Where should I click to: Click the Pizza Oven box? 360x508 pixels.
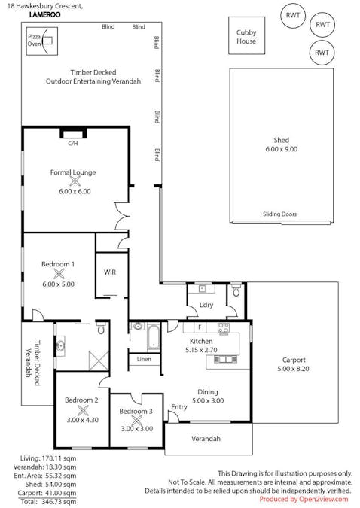click(x=42, y=41)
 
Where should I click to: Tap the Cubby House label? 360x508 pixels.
click(x=246, y=37)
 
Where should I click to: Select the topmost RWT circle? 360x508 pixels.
click(x=293, y=15)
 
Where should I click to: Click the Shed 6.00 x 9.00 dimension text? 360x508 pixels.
click(x=281, y=149)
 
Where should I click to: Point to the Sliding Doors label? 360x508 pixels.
click(x=279, y=214)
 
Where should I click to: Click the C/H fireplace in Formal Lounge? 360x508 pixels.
click(x=73, y=134)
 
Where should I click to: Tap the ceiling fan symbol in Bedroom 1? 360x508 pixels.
click(x=59, y=274)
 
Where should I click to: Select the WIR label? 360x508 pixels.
click(x=110, y=272)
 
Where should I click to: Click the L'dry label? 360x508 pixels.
click(x=206, y=305)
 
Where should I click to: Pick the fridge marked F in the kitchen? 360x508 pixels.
click(x=200, y=327)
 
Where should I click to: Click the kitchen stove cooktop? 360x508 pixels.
click(x=224, y=328)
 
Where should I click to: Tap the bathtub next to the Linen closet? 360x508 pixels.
click(x=154, y=336)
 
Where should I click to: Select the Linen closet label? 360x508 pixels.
click(x=144, y=359)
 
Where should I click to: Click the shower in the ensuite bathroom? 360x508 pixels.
click(x=99, y=360)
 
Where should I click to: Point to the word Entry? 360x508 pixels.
click(x=179, y=407)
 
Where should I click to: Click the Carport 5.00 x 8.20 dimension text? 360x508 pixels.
click(x=293, y=369)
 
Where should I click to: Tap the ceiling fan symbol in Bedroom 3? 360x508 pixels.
click(x=136, y=421)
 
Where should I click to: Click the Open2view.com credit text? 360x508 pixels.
click(x=323, y=499)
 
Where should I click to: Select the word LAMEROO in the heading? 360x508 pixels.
click(x=44, y=14)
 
